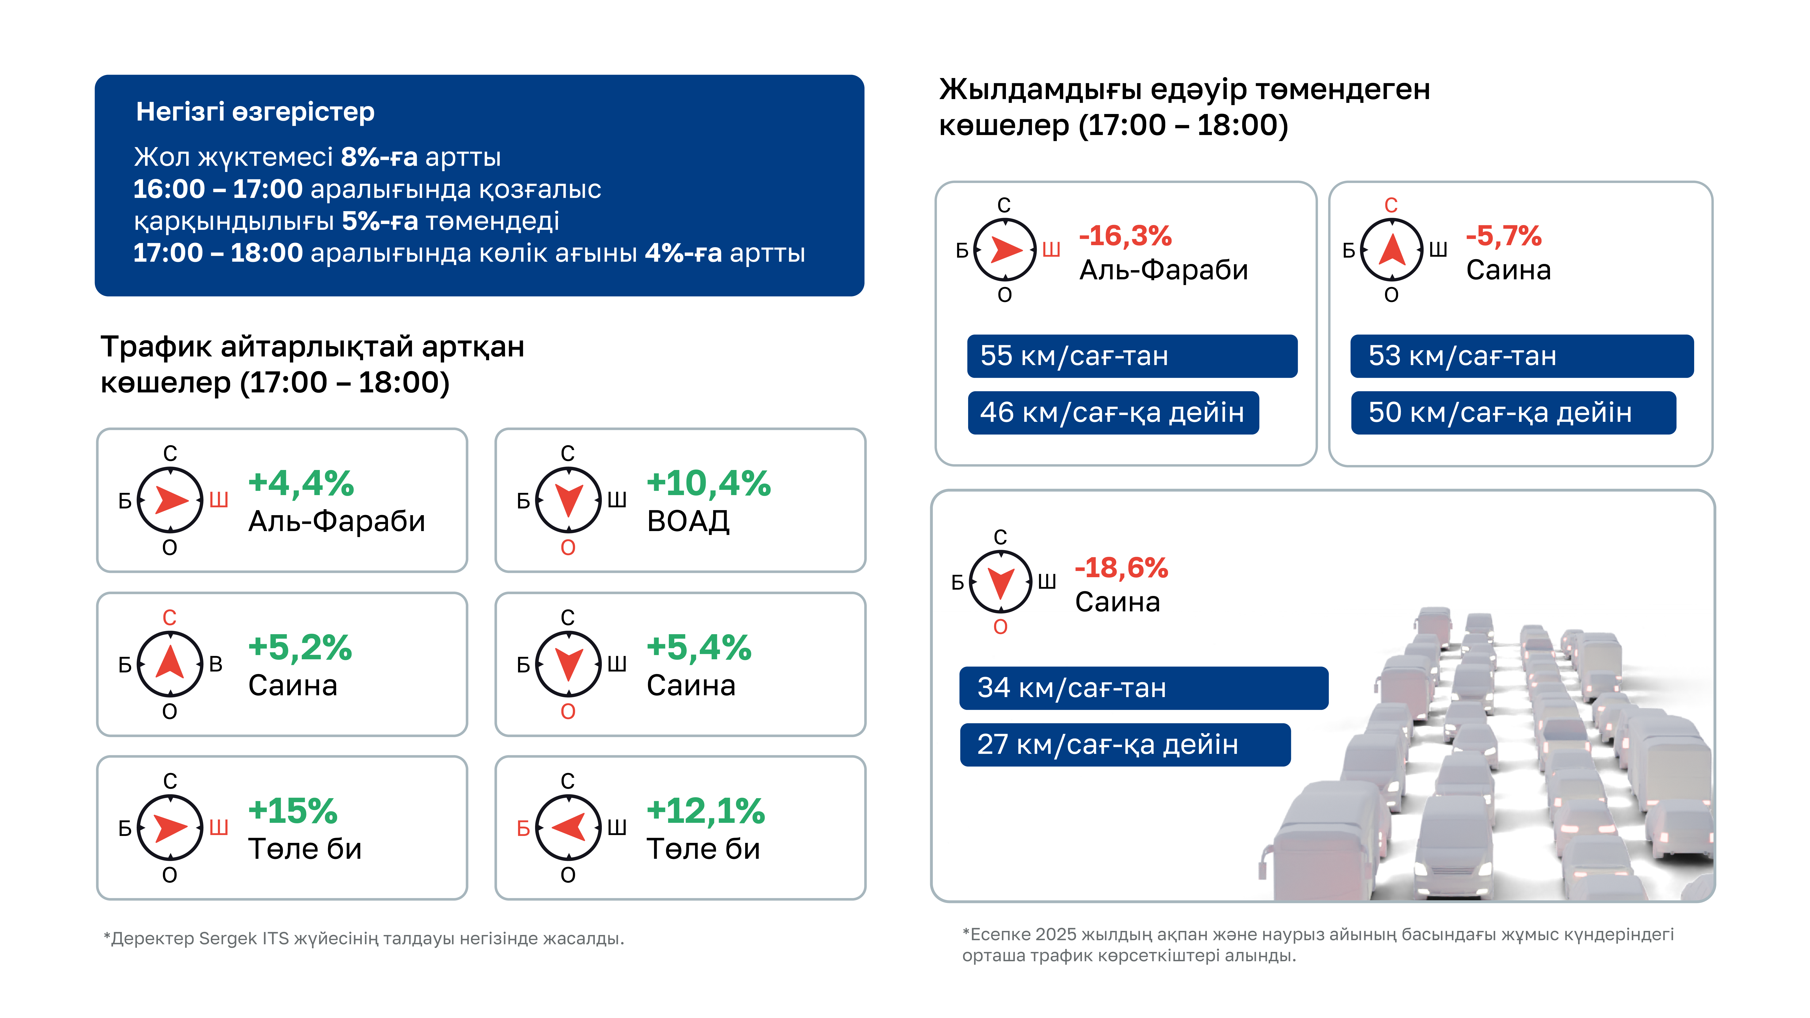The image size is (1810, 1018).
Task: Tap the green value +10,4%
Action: pyautogui.click(x=708, y=483)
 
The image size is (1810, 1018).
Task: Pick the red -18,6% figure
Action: pyautogui.click(x=1122, y=568)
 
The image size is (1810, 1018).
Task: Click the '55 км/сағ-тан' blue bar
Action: pyautogui.click(x=1132, y=356)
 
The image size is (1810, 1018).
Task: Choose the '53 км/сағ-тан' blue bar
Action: pyautogui.click(x=1522, y=356)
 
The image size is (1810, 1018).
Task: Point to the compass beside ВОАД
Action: pyautogui.click(x=568, y=500)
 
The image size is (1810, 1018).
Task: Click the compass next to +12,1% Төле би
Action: pyautogui.click(x=568, y=828)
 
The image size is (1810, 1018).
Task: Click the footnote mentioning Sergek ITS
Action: pyautogui.click(x=364, y=939)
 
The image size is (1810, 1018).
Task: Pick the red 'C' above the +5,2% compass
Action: pyautogui.click(x=169, y=617)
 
